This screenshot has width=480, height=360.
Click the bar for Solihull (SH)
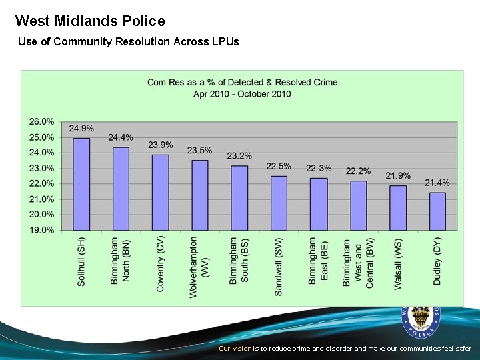tap(81, 184)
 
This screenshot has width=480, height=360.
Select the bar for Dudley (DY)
tap(437, 211)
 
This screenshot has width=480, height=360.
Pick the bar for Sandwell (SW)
tap(279, 203)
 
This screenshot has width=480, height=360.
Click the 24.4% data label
tap(121, 137)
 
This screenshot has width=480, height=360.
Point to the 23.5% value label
tap(200, 151)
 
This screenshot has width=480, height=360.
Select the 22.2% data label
tap(358, 171)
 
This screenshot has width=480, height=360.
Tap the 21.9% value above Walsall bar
tap(398, 176)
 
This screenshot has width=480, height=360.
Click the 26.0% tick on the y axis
tap(41, 122)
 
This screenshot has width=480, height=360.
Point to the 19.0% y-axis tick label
tap(41, 230)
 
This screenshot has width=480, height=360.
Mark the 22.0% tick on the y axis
tap(41, 183)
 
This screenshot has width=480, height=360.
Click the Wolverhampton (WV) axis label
tap(199, 267)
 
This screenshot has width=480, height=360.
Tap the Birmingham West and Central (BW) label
tap(358, 263)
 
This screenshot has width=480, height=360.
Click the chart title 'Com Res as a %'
tap(242, 83)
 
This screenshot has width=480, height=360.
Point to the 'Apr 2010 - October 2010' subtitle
tap(242, 94)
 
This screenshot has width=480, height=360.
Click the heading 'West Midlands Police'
tap(90, 21)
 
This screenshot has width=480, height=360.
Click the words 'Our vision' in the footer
tap(235, 349)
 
